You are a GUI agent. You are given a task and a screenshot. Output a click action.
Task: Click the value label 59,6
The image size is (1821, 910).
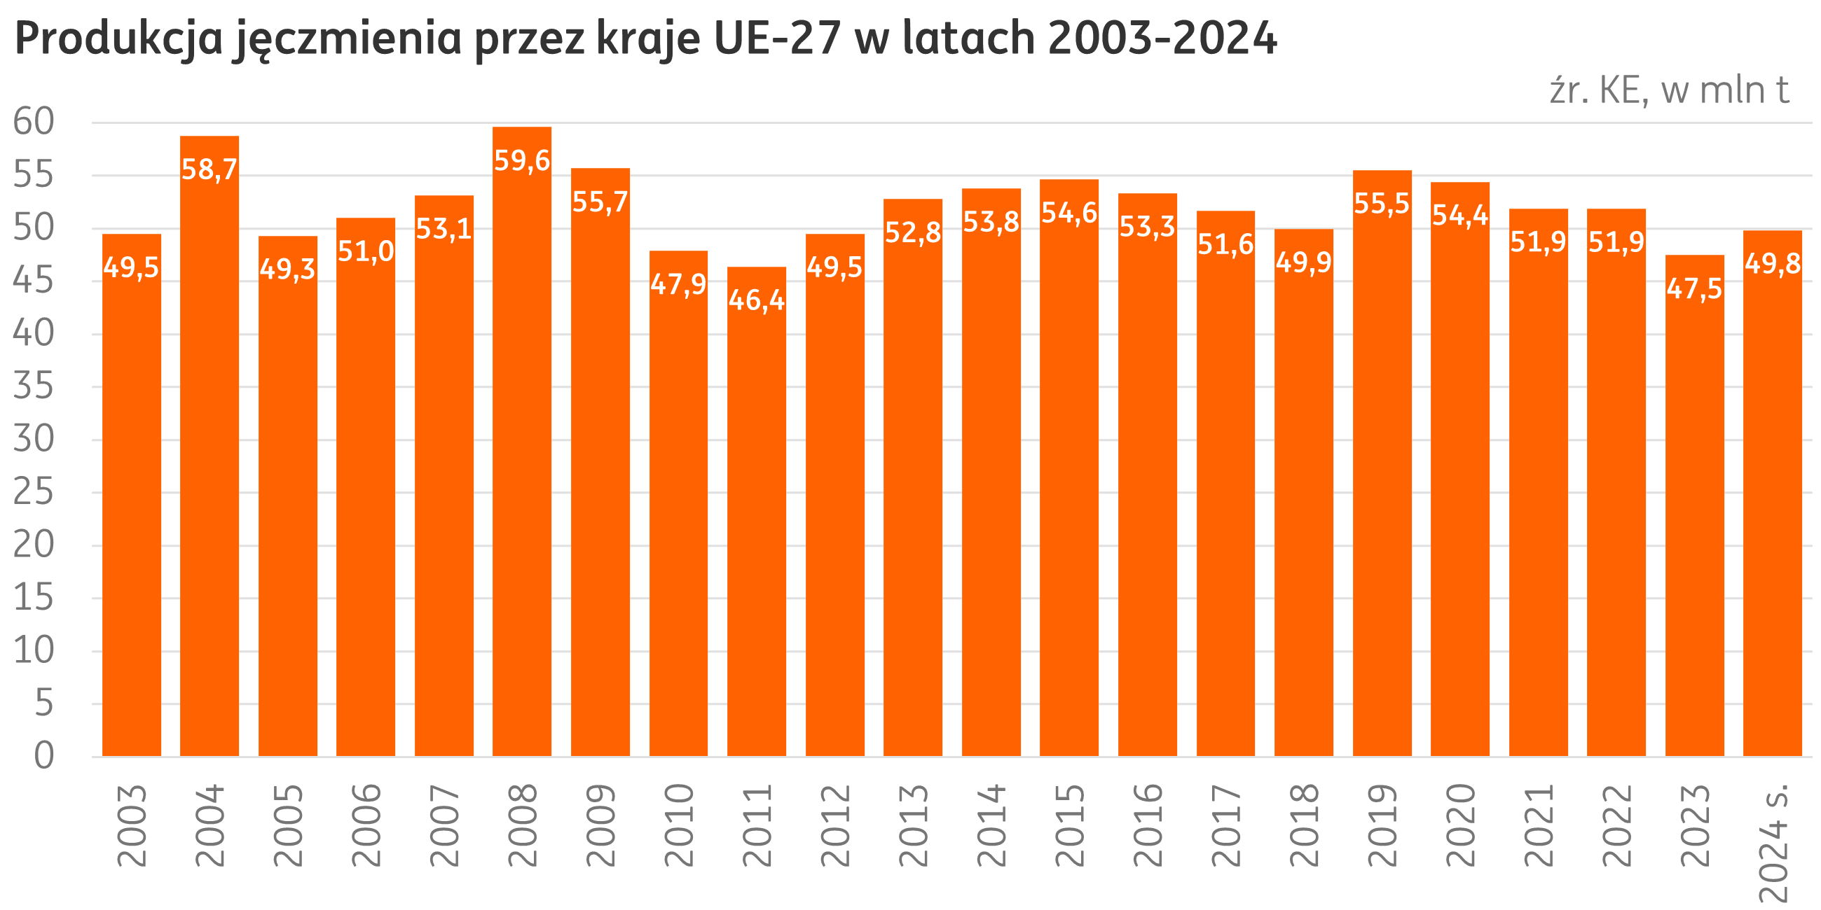[x=523, y=161]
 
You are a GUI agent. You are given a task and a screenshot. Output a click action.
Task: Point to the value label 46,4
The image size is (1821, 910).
[x=757, y=300]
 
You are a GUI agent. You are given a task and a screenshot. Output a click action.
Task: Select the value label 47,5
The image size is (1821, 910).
[x=1694, y=288]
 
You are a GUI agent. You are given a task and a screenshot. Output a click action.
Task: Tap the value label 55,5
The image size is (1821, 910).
[x=1382, y=204]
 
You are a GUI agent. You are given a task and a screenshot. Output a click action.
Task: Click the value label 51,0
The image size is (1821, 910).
[x=366, y=251]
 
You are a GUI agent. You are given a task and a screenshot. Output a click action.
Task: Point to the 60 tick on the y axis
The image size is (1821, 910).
[x=33, y=122]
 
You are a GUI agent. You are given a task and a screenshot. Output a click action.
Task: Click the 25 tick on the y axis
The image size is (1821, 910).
[x=33, y=491]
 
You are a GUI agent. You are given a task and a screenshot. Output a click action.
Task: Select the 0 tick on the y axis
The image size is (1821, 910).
[x=44, y=755]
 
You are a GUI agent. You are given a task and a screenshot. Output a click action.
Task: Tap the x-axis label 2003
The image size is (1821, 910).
[x=132, y=825]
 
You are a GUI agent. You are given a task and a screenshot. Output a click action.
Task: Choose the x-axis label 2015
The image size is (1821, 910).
[x=1070, y=825]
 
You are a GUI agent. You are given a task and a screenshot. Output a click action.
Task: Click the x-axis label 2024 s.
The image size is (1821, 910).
[x=1773, y=841]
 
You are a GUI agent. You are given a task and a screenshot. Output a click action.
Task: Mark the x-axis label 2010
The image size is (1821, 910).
[x=680, y=825]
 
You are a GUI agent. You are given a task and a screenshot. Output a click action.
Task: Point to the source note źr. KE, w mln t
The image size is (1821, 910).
[x=1669, y=91]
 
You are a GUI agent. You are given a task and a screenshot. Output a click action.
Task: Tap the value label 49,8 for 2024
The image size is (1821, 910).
[x=1773, y=263]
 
